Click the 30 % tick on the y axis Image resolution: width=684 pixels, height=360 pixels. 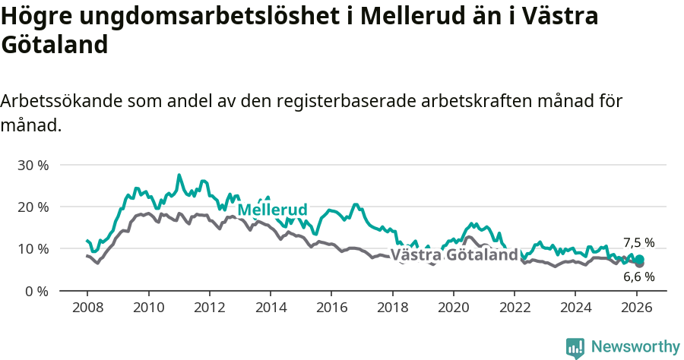tap(33, 165)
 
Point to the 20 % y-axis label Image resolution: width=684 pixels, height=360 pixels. tap(33, 207)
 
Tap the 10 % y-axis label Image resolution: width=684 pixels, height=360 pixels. tap(33, 249)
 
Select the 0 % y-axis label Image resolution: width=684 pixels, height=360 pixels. tap(36, 291)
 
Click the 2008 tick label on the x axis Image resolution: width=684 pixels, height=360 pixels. tap(87, 308)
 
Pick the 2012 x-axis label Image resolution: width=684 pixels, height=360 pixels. tap(210, 308)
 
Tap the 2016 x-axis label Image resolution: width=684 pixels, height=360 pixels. tap(331, 308)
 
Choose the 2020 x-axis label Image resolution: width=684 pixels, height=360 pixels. tap(454, 308)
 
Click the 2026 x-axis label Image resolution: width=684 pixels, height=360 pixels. tap(636, 308)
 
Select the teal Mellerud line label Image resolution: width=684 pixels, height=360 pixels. tap(272, 210)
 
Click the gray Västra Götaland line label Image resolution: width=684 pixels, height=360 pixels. tap(454, 255)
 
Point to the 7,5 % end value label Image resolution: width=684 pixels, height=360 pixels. tap(638, 242)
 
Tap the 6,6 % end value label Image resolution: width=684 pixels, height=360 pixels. tap(638, 277)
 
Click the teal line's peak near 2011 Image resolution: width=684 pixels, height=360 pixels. tap(179, 175)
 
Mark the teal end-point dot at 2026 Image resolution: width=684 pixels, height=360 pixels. tap(639, 260)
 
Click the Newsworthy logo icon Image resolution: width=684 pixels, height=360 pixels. tap(575, 348)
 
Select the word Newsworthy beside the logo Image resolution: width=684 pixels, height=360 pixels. tap(635, 347)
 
